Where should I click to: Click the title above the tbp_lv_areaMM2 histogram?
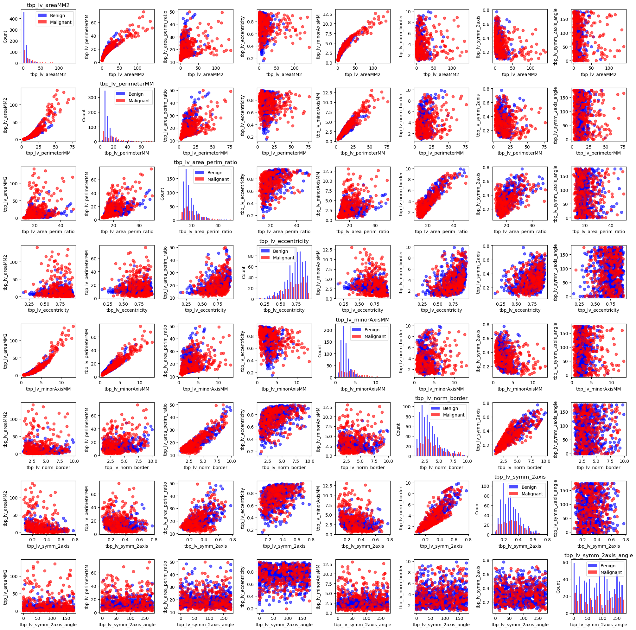pyautogui.click(x=48, y=5)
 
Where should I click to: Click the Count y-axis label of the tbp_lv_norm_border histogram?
pyautogui.click(x=398, y=430)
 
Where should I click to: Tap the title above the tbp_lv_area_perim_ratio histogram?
pyautogui.click(x=206, y=162)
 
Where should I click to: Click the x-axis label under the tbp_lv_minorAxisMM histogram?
pyautogui.click(x=362, y=389)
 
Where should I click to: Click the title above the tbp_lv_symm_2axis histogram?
pyautogui.click(x=520, y=477)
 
